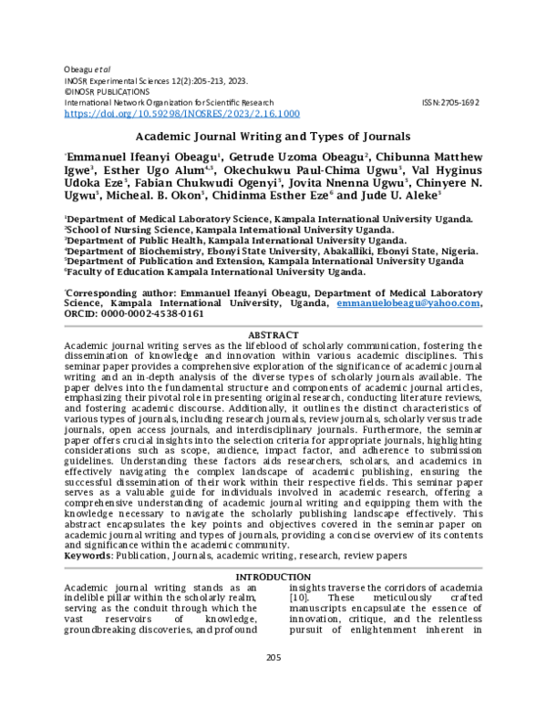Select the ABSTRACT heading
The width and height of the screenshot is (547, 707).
pos(273,335)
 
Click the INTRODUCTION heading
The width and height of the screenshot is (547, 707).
pos(273,578)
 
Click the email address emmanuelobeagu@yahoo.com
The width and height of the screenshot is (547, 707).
pos(408,302)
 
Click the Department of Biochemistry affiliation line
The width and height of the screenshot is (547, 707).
pos(271,250)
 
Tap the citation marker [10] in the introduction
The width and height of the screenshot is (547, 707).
pos(298,610)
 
